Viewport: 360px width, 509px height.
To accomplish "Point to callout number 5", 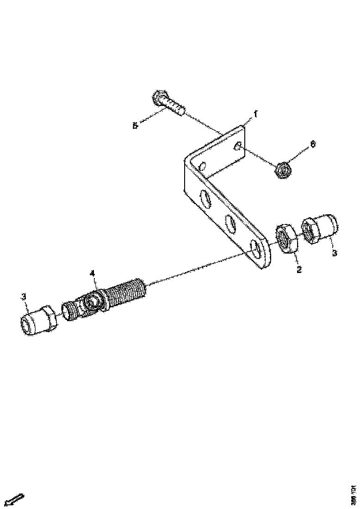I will click(x=135, y=125).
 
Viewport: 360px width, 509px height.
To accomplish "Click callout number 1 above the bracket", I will click(x=254, y=113).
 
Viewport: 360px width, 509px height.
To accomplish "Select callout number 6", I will click(x=313, y=144).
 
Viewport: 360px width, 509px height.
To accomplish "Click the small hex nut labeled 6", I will click(x=283, y=169).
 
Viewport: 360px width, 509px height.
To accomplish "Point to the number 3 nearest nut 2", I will click(x=335, y=253).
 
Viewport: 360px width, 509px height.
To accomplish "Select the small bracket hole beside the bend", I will click(x=202, y=165).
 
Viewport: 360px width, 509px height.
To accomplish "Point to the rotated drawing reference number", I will click(x=353, y=495).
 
